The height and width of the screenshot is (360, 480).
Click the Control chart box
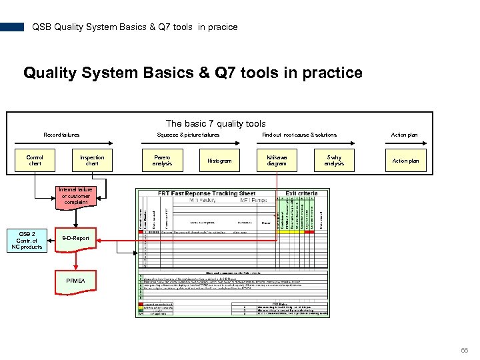pyautogui.click(x=35, y=161)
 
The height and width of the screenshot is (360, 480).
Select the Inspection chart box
pyautogui.click(x=92, y=161)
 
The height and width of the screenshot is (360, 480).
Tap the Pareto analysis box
pyautogui.click(x=162, y=161)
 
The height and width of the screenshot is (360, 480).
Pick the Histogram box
pyautogui.click(x=219, y=161)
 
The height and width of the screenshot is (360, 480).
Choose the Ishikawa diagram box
pyautogui.click(x=277, y=161)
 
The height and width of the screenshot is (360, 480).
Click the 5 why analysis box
pyautogui.click(x=334, y=161)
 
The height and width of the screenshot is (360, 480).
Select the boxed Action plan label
pyautogui.click(x=405, y=161)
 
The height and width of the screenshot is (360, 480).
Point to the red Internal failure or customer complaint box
pyautogui.click(x=76, y=196)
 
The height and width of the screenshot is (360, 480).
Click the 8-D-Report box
pyautogui.click(x=75, y=238)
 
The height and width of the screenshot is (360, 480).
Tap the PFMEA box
pyautogui.click(x=75, y=281)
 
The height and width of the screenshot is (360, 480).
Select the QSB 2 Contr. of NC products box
pyautogui.click(x=27, y=240)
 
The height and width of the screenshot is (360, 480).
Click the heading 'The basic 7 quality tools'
pyautogui.click(x=215, y=123)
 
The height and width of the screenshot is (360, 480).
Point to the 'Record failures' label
pyautogui.click(x=61, y=135)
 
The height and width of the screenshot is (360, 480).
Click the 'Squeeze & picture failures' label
pyautogui.click(x=188, y=135)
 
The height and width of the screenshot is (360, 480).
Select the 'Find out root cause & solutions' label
pyautogui.click(x=299, y=135)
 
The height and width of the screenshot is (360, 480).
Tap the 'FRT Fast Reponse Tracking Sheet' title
pyautogui.click(x=207, y=193)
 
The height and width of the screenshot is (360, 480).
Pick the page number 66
pyautogui.click(x=465, y=349)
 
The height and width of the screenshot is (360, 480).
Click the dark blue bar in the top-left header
pyautogui.click(x=12, y=27)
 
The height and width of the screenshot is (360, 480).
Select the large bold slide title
pyautogui.click(x=193, y=73)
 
